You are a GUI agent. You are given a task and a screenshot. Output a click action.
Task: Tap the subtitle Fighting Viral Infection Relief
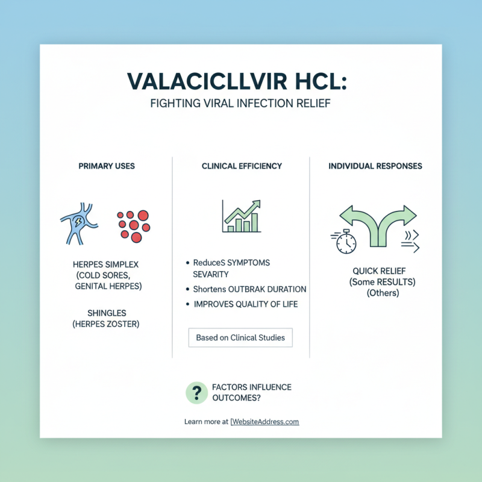tap(241, 104)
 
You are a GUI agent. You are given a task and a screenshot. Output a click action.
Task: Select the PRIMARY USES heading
tap(107, 166)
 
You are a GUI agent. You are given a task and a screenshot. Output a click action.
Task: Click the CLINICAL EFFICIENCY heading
tap(242, 166)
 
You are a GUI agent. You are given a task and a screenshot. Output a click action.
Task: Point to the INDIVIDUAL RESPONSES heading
tap(375, 166)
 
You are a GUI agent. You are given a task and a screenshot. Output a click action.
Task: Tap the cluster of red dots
tap(134, 226)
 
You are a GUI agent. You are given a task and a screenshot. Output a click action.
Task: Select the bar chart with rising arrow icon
tap(241, 216)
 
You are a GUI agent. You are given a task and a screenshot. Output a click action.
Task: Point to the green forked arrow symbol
tap(378, 224)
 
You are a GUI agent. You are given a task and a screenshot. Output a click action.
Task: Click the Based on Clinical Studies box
tap(240, 337)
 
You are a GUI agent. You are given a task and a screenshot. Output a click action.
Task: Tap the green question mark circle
tap(196, 393)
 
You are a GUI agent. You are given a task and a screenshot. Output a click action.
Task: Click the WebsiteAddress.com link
tap(265, 422)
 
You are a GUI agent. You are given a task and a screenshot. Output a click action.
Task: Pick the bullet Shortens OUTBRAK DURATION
tap(249, 289)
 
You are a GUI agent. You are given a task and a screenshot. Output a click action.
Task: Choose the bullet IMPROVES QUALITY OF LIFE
tap(245, 304)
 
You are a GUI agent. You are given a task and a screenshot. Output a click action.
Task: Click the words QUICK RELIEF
tap(375, 271)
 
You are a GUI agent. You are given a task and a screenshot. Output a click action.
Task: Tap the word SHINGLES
tap(107, 313)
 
